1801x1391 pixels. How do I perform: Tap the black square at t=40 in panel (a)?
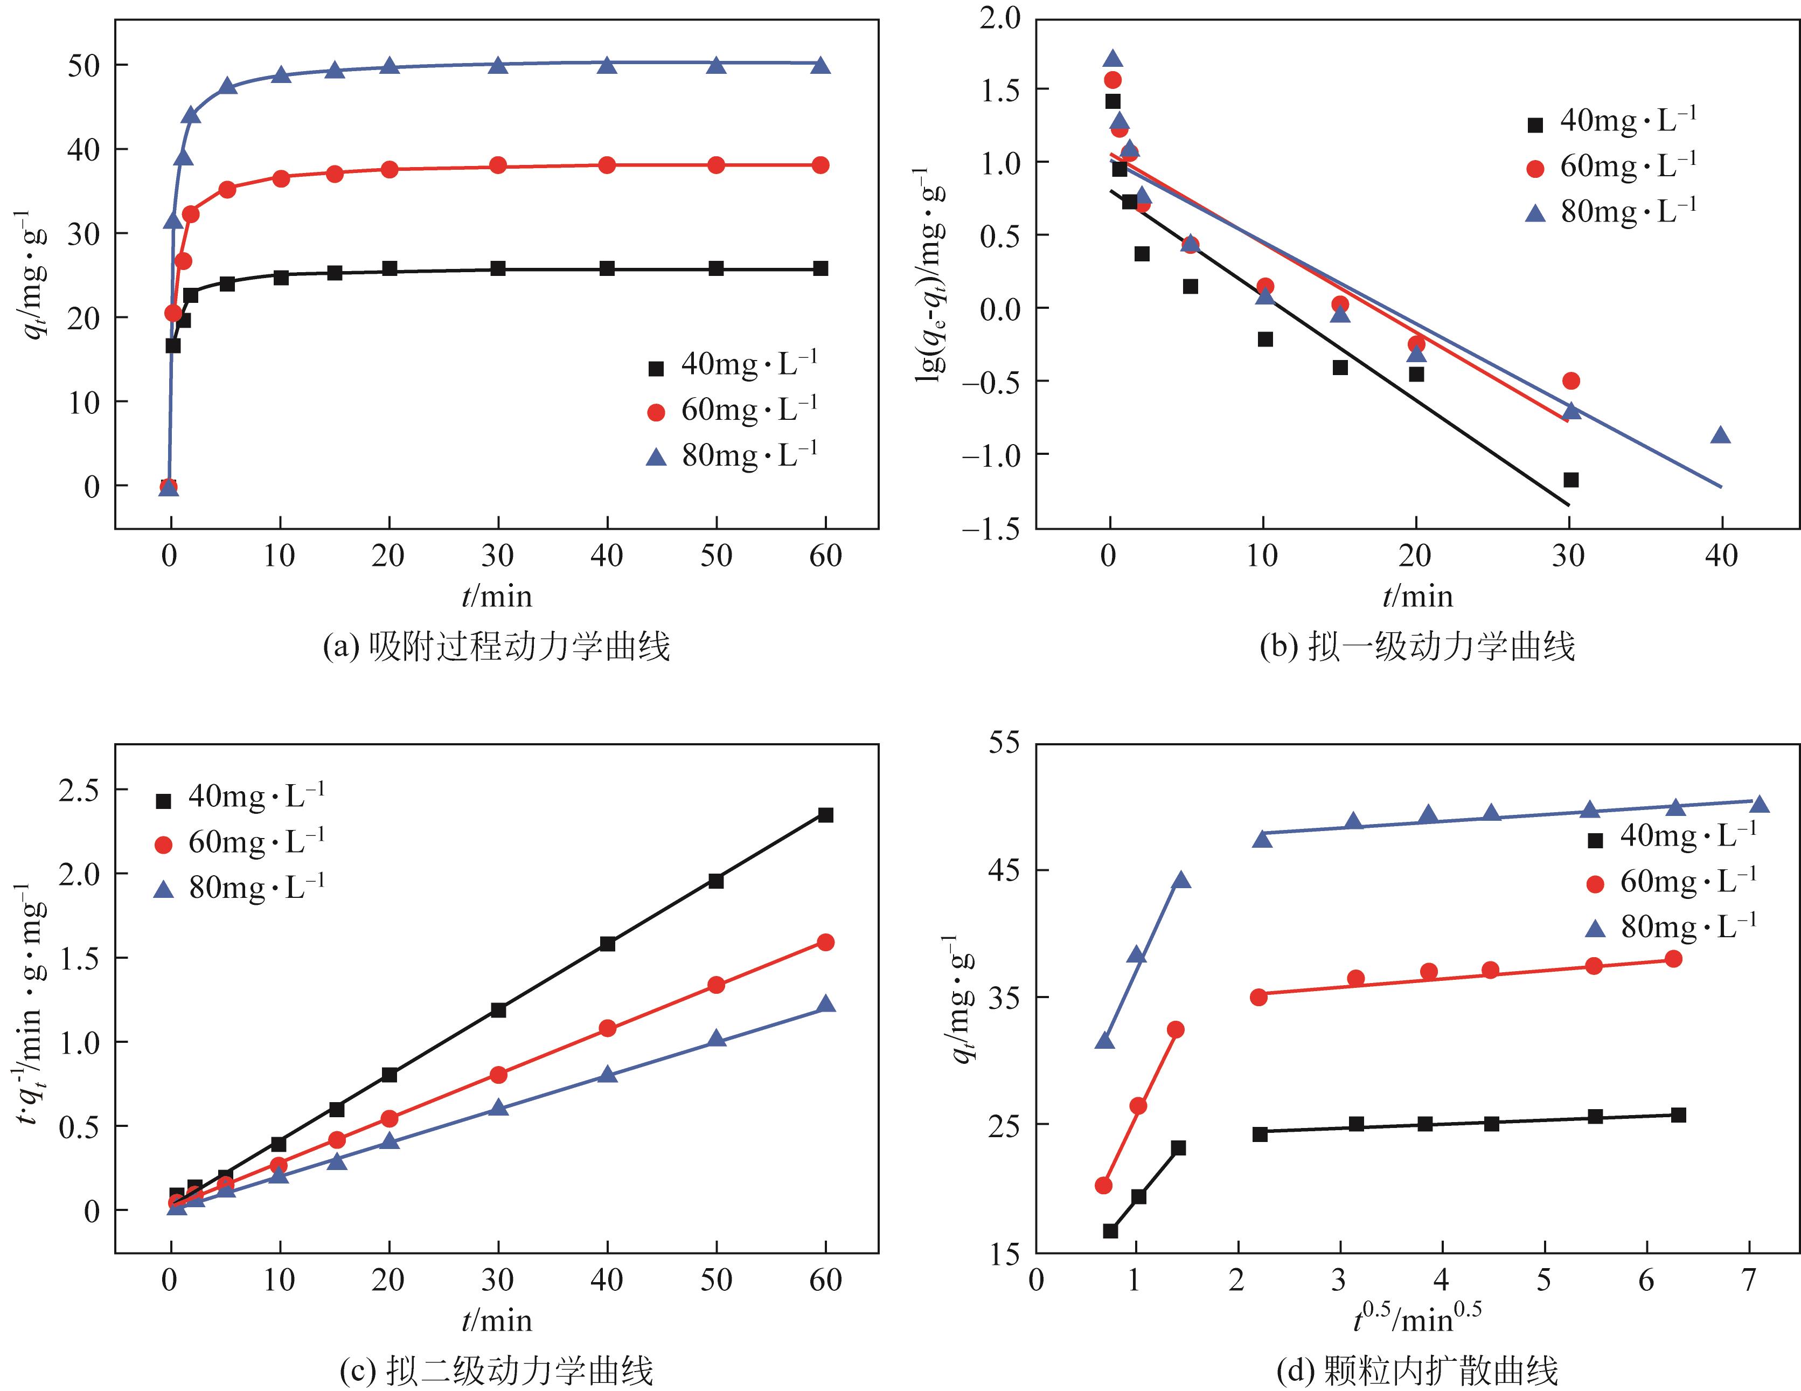pos(607,268)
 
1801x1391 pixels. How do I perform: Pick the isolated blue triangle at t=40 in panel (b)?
pos(1720,435)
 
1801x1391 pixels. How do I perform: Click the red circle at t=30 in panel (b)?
pos(1571,380)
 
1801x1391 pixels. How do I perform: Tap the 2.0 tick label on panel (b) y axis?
pos(999,17)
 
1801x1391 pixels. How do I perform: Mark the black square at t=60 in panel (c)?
pos(825,815)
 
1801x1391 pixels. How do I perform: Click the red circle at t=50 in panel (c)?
pos(717,985)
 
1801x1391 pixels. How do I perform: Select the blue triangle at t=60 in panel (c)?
pos(825,1004)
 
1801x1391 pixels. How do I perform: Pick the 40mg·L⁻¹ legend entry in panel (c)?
pos(240,797)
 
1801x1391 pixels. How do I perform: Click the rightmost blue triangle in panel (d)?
pos(1759,805)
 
